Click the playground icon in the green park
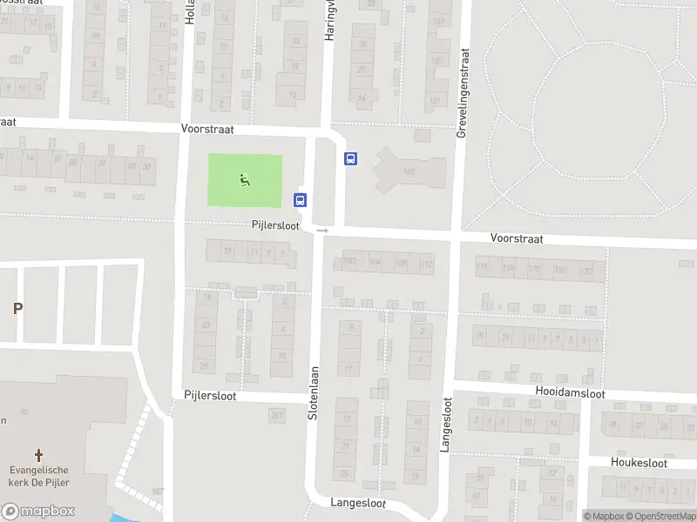click(x=245, y=180)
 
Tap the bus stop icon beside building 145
click(x=351, y=158)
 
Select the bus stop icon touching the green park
click(x=301, y=199)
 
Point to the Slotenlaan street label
click(x=314, y=392)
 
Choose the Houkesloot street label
click(x=639, y=463)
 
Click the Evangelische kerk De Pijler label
click(x=38, y=476)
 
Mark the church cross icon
click(x=38, y=454)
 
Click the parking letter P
click(x=17, y=308)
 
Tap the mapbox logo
click(x=37, y=512)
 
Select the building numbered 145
click(x=409, y=172)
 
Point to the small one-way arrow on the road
click(x=322, y=231)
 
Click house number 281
click(x=277, y=416)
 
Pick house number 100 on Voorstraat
click(x=350, y=262)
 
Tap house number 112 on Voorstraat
click(x=426, y=264)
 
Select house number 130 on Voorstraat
click(x=586, y=270)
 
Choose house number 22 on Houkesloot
click(x=641, y=425)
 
